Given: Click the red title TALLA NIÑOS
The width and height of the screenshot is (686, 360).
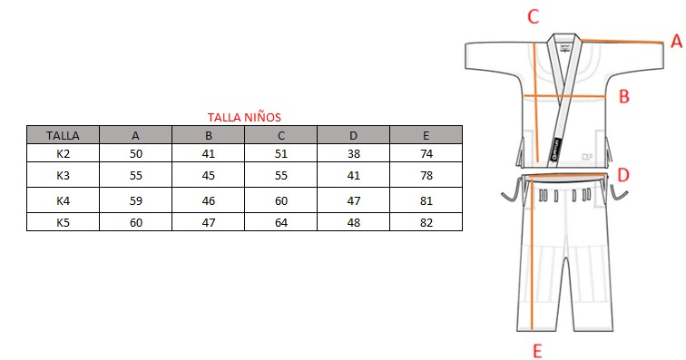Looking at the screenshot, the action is pyautogui.click(x=244, y=117).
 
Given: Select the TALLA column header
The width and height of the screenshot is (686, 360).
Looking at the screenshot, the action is pyautogui.click(x=63, y=136).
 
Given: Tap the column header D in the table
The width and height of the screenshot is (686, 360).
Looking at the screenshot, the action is pyautogui.click(x=354, y=136).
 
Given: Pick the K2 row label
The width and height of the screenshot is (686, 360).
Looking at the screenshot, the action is pyautogui.click(x=63, y=153).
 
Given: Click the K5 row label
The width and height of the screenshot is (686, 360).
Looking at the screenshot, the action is pyautogui.click(x=63, y=223).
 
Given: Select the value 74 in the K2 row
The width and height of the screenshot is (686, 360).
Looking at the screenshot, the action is pyautogui.click(x=426, y=153).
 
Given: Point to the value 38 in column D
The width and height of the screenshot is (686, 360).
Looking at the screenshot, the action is pyautogui.click(x=354, y=153).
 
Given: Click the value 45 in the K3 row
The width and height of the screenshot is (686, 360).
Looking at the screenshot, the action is pyautogui.click(x=209, y=175).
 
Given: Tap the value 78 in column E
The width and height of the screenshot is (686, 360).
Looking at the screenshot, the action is pyautogui.click(x=426, y=175).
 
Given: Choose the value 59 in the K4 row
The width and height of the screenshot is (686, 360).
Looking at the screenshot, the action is pyautogui.click(x=135, y=200).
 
